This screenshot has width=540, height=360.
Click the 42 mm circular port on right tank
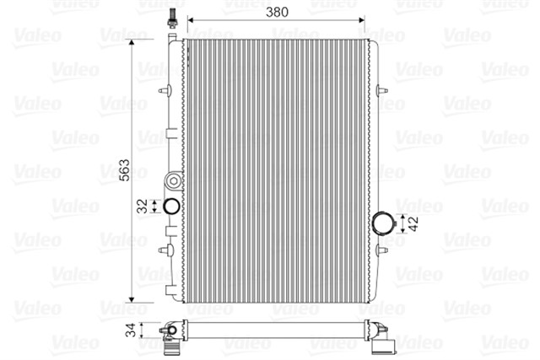point(384,223)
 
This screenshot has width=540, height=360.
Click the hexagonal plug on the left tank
point(174,180)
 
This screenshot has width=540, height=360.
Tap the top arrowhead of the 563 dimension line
point(132,40)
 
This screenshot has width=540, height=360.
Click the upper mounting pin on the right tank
point(383,89)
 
